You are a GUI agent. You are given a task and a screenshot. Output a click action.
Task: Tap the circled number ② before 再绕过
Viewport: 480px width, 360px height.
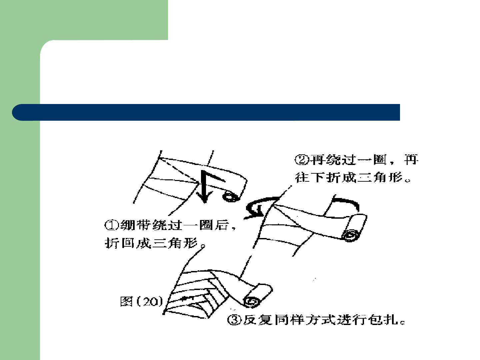[x=302, y=160]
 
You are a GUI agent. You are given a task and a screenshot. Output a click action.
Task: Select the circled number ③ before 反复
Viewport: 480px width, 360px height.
[x=234, y=320]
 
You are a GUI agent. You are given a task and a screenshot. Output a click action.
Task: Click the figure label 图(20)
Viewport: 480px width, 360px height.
[x=142, y=301]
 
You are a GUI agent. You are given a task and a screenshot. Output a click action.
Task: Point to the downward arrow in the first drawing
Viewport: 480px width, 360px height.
[x=204, y=187]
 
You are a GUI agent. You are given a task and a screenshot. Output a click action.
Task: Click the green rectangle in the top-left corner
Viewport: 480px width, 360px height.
[x=84, y=20]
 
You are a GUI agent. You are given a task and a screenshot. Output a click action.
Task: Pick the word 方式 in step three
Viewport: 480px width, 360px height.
[x=320, y=320]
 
